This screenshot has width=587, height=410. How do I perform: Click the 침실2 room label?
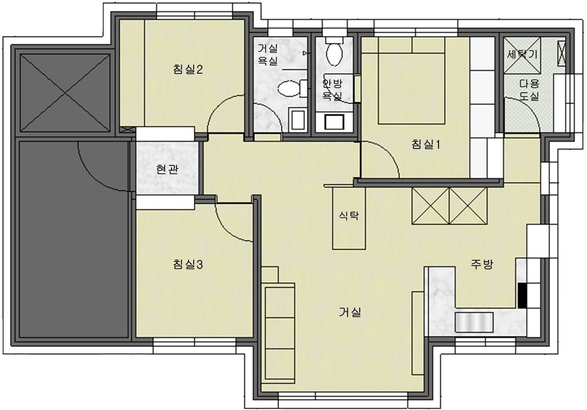tap(188, 70)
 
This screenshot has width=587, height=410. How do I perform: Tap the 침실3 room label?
tap(188, 264)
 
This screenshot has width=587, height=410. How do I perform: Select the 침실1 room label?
tap(426, 144)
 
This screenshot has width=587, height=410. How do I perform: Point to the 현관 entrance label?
tap(167, 170)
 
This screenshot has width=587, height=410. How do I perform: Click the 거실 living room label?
tap(350, 312)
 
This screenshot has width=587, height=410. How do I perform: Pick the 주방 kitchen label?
tap(482, 264)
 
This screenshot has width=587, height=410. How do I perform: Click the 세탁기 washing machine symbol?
tap(522, 55)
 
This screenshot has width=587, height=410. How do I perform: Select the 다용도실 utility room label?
tap(529, 90)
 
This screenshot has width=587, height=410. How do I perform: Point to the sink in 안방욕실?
tap(334, 122)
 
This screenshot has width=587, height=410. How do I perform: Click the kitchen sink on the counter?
tap(474, 322)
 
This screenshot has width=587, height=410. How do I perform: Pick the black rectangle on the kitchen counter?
tap(522, 296)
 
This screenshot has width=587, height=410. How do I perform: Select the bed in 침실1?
tap(412, 80)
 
